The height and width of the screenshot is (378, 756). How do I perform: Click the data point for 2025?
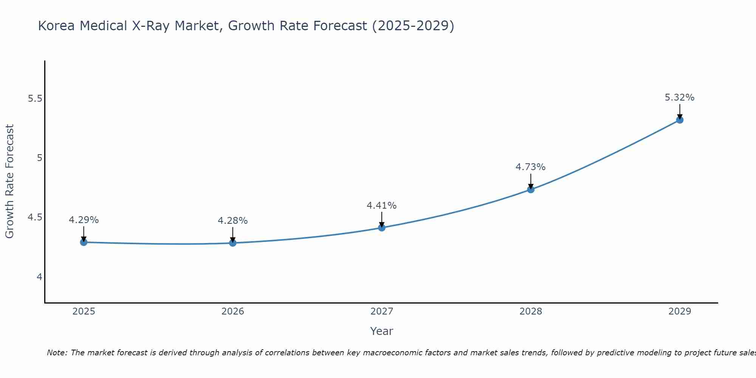84,242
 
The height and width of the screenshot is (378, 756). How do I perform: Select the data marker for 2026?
233,243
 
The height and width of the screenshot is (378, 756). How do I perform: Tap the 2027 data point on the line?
382,228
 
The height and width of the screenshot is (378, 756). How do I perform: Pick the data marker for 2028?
531,189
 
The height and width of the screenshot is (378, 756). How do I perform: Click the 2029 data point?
680,120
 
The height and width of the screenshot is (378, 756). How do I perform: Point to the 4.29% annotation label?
84,220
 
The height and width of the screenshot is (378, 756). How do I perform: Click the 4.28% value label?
233,221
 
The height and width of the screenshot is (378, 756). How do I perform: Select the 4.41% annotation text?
382,206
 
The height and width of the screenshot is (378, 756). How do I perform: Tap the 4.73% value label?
531,167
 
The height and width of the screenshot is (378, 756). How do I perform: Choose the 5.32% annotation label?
680,98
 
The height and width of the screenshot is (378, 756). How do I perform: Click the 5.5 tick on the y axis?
35,99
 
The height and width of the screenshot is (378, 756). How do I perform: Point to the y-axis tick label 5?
39,158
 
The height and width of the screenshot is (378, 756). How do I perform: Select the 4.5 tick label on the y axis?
35,218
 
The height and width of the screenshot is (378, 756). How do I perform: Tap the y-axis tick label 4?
39,277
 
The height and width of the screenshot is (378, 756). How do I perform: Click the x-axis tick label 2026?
233,311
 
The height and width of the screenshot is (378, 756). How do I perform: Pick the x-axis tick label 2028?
531,311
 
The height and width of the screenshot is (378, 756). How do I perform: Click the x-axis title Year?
382,331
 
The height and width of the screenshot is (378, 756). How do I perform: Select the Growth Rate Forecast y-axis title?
10,181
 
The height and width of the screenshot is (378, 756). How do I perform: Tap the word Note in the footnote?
57,353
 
